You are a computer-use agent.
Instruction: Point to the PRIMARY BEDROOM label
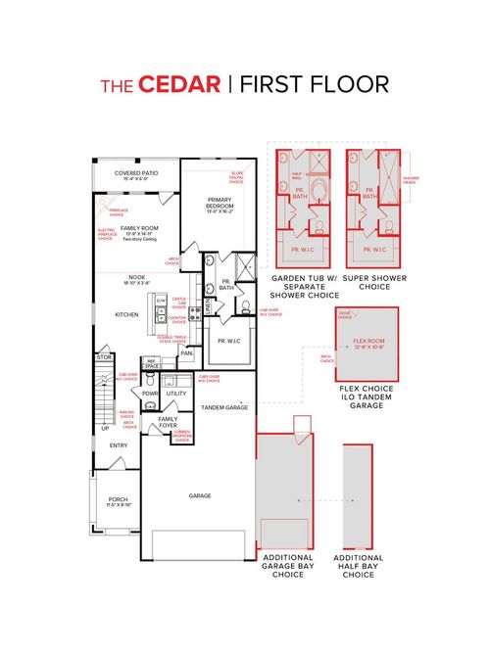pos(219,205)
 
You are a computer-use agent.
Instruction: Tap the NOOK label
pos(137,277)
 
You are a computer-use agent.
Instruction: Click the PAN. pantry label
pos(184,353)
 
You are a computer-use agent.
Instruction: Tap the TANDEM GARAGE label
pos(223,405)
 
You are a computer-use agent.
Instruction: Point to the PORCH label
pos(118,500)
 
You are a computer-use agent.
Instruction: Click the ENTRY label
pos(119,445)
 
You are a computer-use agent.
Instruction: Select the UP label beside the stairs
pos(105,428)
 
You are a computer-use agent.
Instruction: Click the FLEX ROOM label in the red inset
pos(368,344)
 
